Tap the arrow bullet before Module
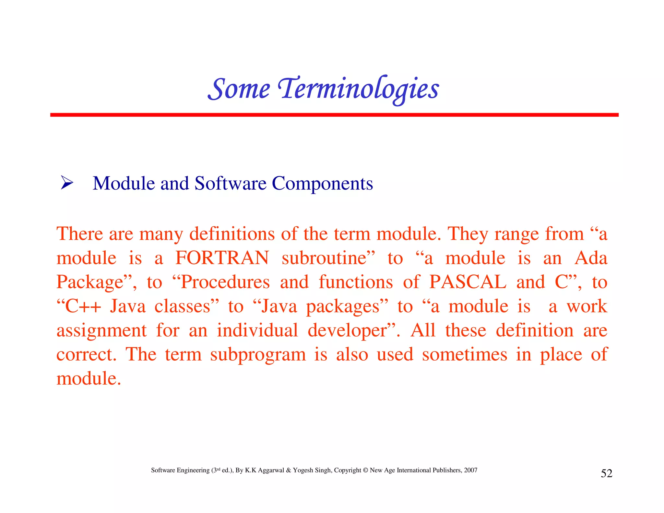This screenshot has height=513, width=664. (67, 183)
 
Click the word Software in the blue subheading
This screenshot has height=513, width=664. (230, 184)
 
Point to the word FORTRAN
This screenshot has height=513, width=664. (222, 258)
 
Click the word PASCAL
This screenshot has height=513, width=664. (468, 282)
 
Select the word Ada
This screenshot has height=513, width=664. (591, 258)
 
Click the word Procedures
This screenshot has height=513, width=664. (225, 282)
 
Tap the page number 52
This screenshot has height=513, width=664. (607, 473)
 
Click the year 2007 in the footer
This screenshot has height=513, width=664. (470, 470)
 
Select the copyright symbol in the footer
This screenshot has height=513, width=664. (365, 470)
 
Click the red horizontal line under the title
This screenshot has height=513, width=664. (334, 115)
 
